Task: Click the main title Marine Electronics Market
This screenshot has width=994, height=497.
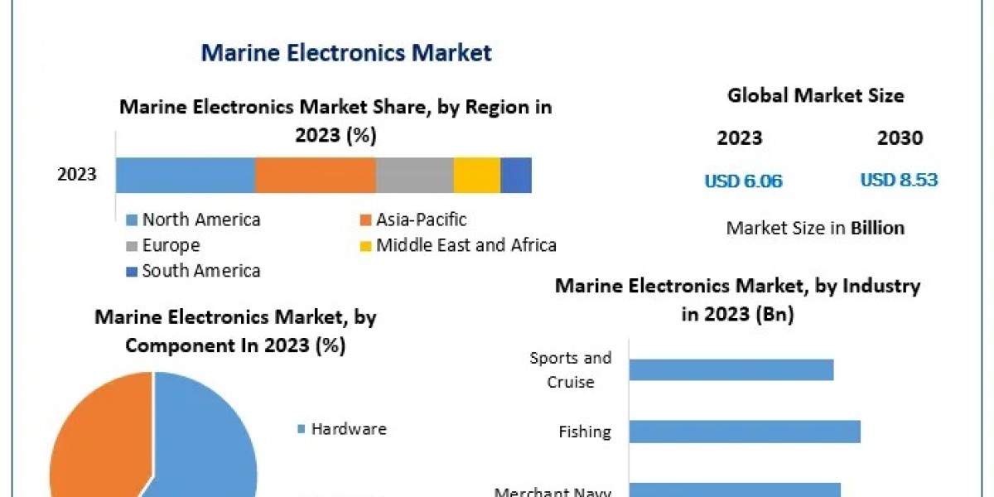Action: [346, 54]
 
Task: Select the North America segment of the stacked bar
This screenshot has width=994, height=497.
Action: [185, 175]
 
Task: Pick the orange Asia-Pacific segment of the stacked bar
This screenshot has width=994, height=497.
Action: [315, 175]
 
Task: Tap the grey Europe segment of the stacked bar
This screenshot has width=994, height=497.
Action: [414, 175]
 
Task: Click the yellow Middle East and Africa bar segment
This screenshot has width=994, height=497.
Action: [477, 175]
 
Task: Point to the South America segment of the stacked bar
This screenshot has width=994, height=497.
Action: [516, 175]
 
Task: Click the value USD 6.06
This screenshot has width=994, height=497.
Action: [743, 181]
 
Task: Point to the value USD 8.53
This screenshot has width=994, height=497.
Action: [899, 181]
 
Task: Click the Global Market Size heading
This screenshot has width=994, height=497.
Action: [816, 96]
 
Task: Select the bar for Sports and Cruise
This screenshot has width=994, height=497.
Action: [731, 369]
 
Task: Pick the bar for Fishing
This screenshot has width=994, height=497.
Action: [744, 432]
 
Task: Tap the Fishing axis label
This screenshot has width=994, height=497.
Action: [585, 432]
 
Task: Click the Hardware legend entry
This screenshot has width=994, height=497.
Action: [348, 429]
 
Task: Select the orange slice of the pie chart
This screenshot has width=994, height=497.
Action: [91, 439]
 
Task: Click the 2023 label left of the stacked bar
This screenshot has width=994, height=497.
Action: [77, 175]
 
